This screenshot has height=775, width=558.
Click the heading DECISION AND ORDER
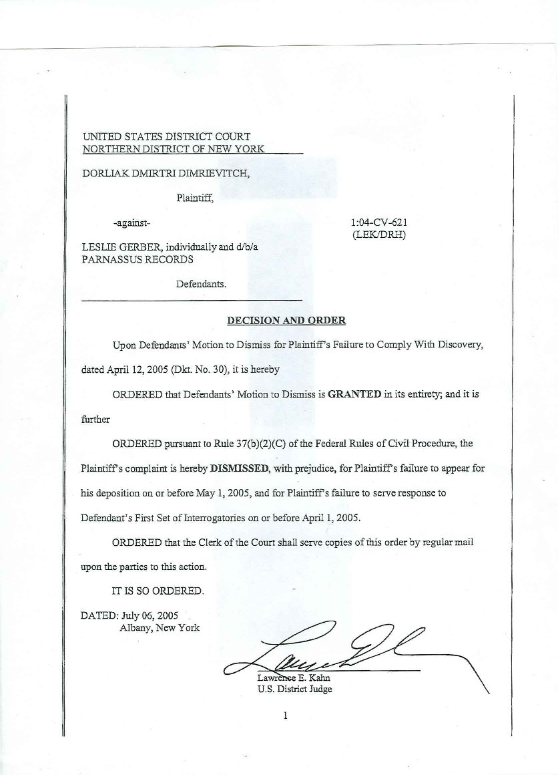click(286, 320)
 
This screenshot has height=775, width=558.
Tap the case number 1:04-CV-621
click(378, 222)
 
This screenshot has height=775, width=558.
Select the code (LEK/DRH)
click(378, 235)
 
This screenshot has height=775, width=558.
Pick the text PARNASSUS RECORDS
click(137, 259)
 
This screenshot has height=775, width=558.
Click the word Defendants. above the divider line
click(202, 283)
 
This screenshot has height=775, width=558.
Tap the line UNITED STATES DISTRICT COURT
click(166, 136)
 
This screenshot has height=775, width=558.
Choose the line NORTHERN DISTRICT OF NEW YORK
click(174, 148)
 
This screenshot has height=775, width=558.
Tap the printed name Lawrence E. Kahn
click(289, 679)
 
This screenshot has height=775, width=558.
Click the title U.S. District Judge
click(294, 690)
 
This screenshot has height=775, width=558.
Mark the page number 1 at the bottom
click(286, 716)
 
